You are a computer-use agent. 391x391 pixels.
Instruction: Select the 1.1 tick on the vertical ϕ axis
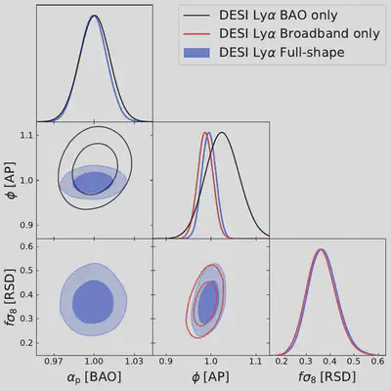pos(23,135)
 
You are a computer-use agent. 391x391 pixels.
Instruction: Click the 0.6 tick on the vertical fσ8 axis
pos(23,251)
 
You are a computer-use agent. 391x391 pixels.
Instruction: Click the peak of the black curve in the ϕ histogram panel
pos(222,133)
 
